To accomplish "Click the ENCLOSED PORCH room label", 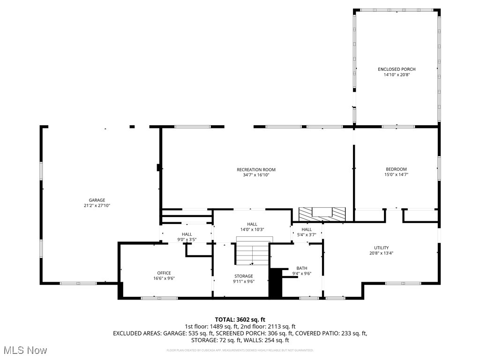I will (397, 69).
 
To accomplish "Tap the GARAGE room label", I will (97, 200).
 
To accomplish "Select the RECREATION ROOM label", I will (256, 170).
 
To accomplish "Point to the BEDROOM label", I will (396, 169).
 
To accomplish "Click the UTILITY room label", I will (381, 248).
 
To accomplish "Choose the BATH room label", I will (302, 268).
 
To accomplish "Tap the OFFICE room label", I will (164, 273).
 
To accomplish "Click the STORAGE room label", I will (244, 276).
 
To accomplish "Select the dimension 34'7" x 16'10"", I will (256, 175).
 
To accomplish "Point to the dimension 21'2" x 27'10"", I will (97, 205).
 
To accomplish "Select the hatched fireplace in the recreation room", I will (322, 214).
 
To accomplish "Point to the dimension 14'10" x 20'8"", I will (397, 75).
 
